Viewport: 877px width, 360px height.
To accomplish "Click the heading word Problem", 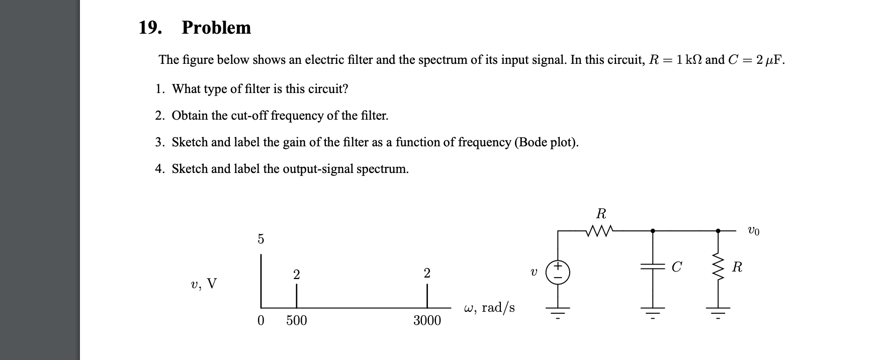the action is click(x=216, y=28).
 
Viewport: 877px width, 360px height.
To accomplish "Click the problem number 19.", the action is click(x=150, y=28).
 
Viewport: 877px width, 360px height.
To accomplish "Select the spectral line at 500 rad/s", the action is click(x=296, y=296).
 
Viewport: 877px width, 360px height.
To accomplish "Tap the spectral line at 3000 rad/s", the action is click(x=427, y=296).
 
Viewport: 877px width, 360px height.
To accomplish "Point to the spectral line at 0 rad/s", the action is click(x=260, y=282).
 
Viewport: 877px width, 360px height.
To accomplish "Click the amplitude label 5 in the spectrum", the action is click(x=260, y=239).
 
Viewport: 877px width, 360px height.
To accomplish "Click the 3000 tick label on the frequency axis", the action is click(x=427, y=321).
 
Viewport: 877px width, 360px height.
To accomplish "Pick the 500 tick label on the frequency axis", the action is click(x=296, y=321).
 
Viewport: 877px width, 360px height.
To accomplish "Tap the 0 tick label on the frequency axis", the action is click(x=260, y=321).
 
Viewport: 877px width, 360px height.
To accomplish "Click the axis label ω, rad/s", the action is click(x=489, y=308).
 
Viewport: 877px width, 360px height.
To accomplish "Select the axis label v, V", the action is click(x=204, y=284).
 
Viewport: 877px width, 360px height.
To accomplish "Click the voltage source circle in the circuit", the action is click(x=558, y=272).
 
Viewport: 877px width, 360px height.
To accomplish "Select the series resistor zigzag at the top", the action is click(x=600, y=231).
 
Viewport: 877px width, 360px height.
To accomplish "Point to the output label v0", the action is click(x=753, y=231).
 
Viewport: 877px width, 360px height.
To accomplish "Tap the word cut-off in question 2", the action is click(x=250, y=116).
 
